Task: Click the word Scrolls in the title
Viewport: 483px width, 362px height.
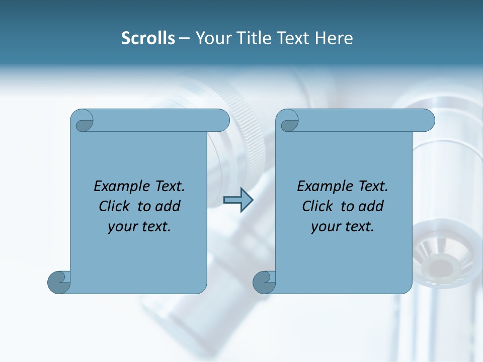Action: tap(148, 38)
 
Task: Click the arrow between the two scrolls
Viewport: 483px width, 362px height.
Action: tap(238, 200)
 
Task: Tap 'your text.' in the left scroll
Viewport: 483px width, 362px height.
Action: tap(139, 227)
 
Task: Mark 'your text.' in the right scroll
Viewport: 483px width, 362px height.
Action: tap(343, 227)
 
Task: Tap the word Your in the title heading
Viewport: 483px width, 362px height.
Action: tap(211, 38)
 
